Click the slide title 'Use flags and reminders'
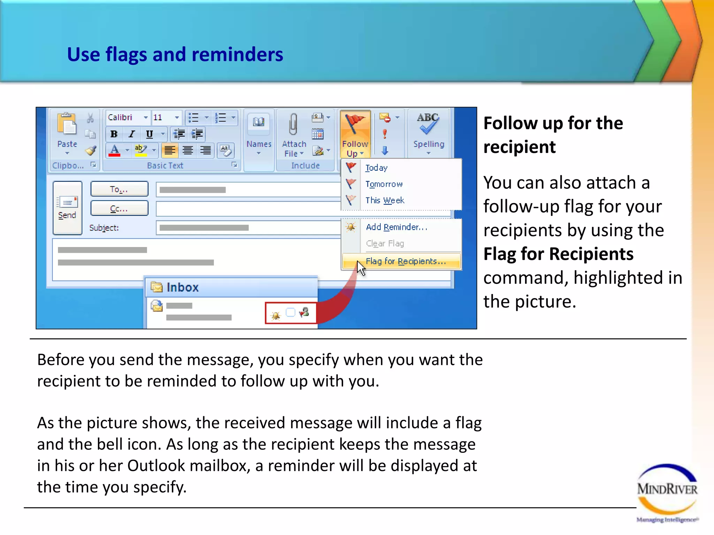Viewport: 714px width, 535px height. click(175, 55)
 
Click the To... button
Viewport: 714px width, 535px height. click(119, 189)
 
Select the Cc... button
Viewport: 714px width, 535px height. click(119, 209)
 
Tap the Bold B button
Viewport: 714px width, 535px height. click(114, 134)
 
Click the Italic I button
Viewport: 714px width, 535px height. click(132, 134)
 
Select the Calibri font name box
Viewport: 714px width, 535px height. click(124, 117)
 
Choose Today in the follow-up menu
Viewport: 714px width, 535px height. click(376, 168)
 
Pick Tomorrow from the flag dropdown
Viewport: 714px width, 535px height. click(384, 184)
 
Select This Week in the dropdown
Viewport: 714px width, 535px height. click(385, 200)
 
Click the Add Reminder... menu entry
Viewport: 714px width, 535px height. click(396, 227)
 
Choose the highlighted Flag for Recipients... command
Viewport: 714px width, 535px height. click(405, 261)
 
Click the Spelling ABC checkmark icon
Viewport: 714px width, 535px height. click(428, 124)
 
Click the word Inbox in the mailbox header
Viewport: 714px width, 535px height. click(182, 287)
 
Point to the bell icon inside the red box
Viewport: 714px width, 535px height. click(276, 315)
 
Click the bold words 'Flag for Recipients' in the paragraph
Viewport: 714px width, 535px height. click(558, 254)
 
